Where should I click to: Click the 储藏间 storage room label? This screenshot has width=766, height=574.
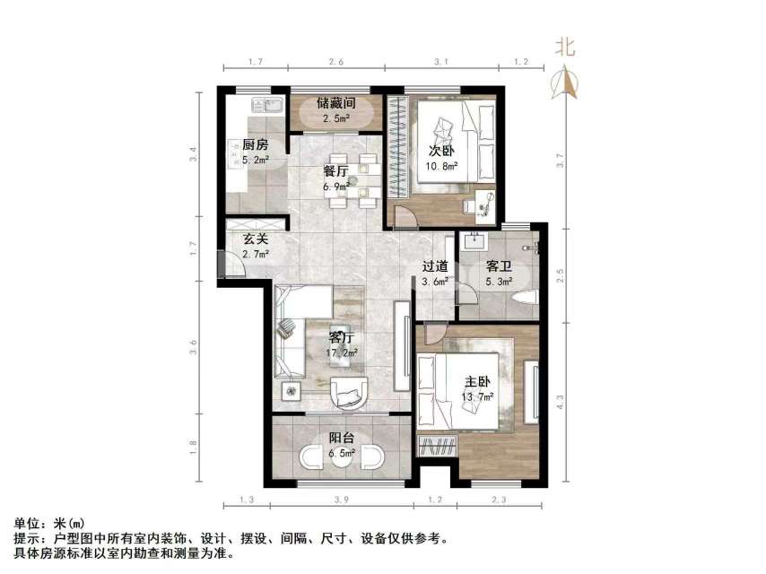(336, 103)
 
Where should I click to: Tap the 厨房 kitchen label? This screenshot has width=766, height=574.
(255, 144)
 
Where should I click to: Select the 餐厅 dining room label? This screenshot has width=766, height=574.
(336, 171)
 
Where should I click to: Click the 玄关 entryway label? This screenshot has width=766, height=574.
(256, 240)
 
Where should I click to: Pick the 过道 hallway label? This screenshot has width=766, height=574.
(436, 266)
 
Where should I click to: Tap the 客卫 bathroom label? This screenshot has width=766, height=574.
(499, 266)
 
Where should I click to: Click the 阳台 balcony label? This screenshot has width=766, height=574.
(341, 439)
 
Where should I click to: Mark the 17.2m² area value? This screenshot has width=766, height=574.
(342, 353)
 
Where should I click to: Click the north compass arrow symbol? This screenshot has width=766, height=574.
(565, 83)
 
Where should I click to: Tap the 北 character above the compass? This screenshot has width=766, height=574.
(565, 48)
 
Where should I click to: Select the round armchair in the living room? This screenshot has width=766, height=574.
(349, 391)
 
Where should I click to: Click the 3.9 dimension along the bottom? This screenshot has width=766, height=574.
(342, 499)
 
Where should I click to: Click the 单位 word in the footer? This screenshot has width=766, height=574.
(27, 523)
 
